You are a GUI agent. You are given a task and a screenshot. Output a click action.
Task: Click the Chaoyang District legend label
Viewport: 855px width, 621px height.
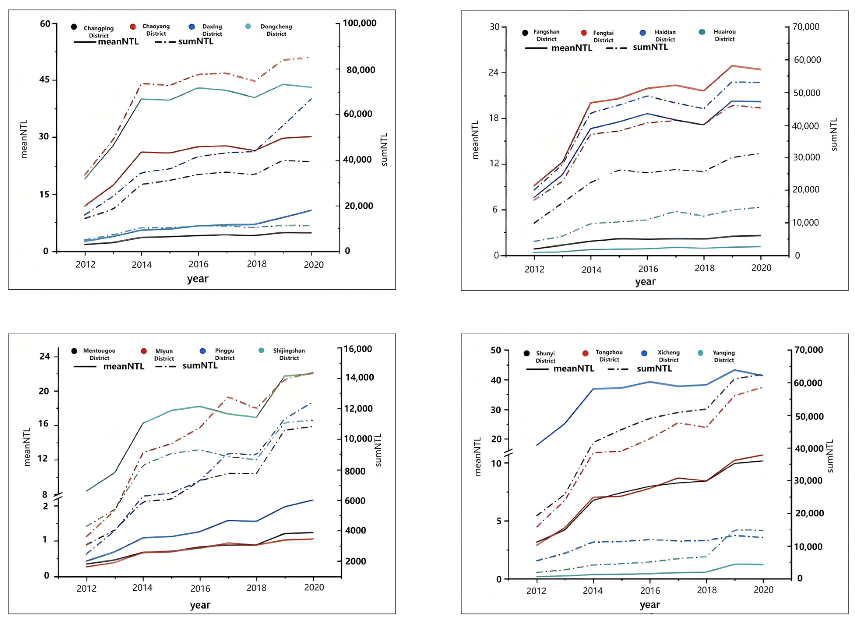pyautogui.click(x=156, y=30)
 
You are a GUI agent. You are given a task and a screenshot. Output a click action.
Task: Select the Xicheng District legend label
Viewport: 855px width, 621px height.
pyautogui.click(x=669, y=356)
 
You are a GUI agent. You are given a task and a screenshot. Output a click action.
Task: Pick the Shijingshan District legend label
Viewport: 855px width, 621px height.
pyautogui.click(x=289, y=354)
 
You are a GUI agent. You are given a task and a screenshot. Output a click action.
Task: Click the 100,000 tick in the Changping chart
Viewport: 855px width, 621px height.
pyautogui.click(x=359, y=23)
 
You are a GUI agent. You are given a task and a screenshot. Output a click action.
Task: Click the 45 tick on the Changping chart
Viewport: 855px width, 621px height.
pyautogui.click(x=44, y=79)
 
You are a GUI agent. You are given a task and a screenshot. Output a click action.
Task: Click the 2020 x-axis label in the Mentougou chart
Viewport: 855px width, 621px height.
pyautogui.click(x=314, y=588)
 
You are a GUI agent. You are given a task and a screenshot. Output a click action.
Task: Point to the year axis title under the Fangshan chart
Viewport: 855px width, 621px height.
pyautogui.click(x=645, y=282)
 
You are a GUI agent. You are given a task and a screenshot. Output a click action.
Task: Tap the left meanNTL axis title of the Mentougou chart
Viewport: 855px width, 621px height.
pyautogui.click(x=27, y=447)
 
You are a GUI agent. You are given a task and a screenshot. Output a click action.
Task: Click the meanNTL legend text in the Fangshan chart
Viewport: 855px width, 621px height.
pyautogui.click(x=572, y=48)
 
